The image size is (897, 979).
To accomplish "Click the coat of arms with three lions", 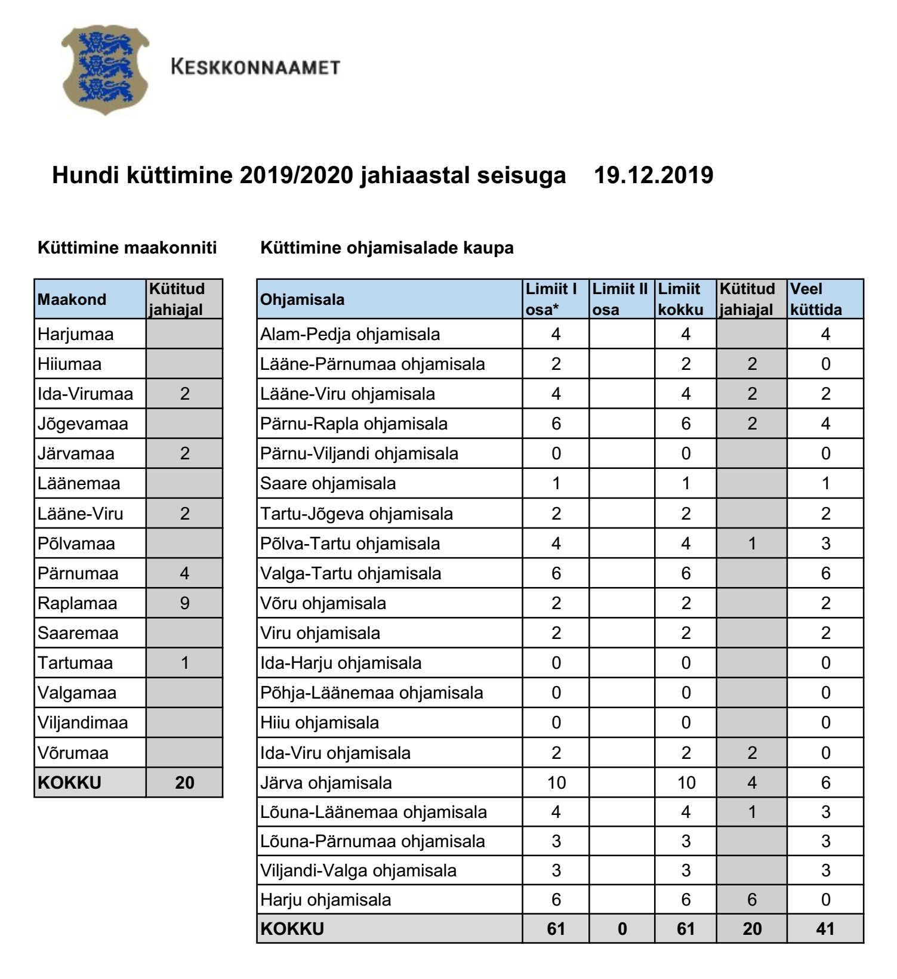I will pyautogui.click(x=104, y=69).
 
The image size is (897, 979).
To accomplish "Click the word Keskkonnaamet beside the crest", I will pyautogui.click(x=255, y=67).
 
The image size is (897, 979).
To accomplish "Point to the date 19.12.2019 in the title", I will pyautogui.click(x=654, y=175).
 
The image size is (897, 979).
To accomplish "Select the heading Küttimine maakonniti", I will pyautogui.click(x=127, y=248).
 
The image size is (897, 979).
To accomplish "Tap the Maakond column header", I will pyautogui.click(x=72, y=299).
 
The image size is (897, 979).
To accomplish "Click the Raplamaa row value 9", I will pyautogui.click(x=184, y=603).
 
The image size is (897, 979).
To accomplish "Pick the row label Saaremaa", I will pyautogui.click(x=78, y=633).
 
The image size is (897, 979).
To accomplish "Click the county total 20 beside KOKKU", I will pyautogui.click(x=184, y=783).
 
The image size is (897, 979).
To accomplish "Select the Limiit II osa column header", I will pyautogui.click(x=620, y=299).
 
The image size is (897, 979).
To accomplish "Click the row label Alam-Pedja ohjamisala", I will pyautogui.click(x=350, y=334).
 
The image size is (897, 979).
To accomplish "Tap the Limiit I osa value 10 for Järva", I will pyautogui.click(x=556, y=783).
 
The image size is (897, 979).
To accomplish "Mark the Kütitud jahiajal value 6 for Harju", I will pyautogui.click(x=752, y=900).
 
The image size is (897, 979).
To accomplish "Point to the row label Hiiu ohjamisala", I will pyautogui.click(x=320, y=723).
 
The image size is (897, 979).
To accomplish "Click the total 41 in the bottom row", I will pyautogui.click(x=825, y=929).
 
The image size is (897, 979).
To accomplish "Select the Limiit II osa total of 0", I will pyautogui.click(x=622, y=929).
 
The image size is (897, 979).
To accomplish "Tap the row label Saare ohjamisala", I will pyautogui.click(x=328, y=483).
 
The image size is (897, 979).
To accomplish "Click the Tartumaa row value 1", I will pyautogui.click(x=184, y=663).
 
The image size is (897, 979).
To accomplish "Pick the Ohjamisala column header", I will pyautogui.click(x=303, y=299).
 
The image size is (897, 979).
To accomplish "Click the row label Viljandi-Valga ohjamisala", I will pyautogui.click(x=359, y=870).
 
